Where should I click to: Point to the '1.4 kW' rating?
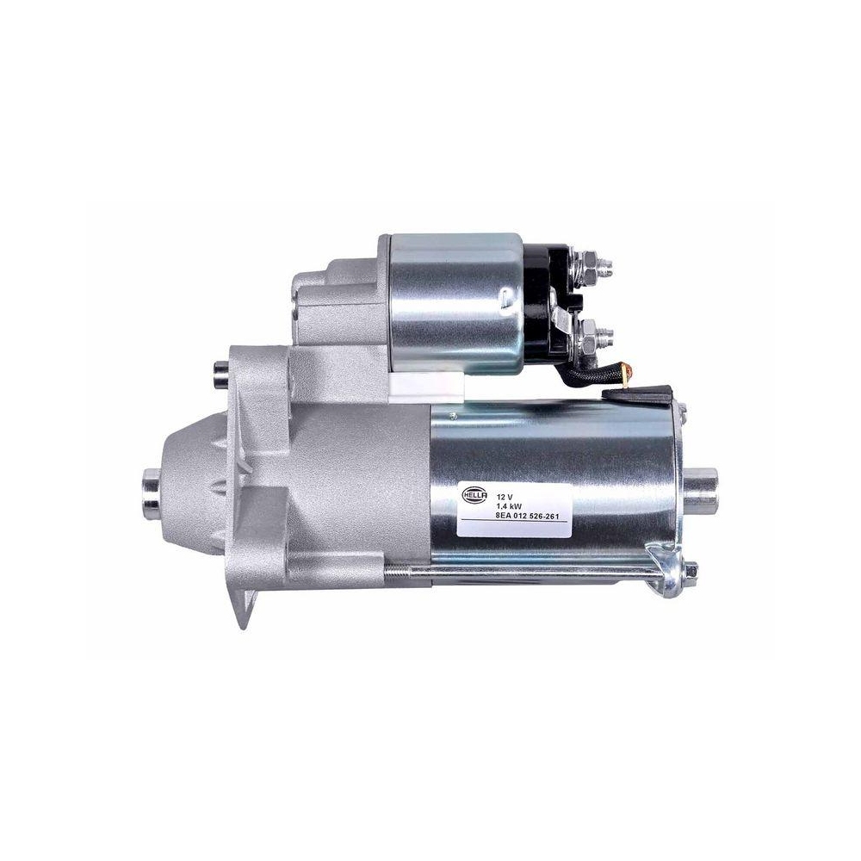pos(509,507)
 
